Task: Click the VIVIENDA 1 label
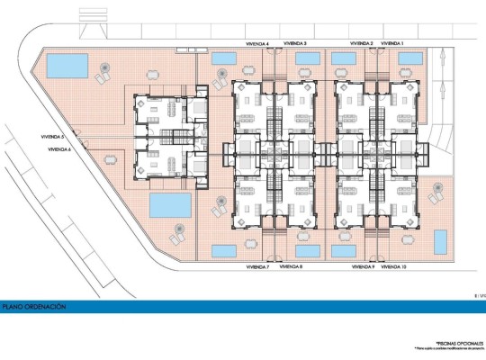click(392, 42)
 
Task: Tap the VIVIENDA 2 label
click(362, 42)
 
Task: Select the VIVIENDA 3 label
click(294, 42)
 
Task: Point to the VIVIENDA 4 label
click(258, 42)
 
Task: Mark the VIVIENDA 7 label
click(256, 266)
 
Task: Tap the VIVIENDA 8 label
click(291, 266)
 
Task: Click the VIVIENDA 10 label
click(394, 266)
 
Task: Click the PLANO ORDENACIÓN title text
click(34, 307)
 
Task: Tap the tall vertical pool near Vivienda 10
click(441, 242)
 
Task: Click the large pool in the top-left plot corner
click(67, 65)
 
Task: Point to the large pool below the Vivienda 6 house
click(169, 204)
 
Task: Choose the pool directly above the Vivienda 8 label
click(307, 249)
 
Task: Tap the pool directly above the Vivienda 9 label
click(343, 249)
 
